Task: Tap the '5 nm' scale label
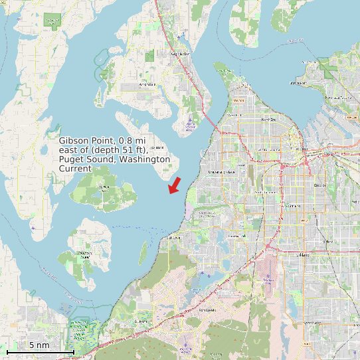(39, 345)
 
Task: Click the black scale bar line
(40, 351)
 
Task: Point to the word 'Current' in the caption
(75, 169)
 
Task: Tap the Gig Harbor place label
(180, 54)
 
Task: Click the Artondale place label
(147, 85)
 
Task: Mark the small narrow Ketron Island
(143, 251)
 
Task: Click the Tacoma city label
(302, 149)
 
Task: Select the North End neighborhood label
(268, 120)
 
